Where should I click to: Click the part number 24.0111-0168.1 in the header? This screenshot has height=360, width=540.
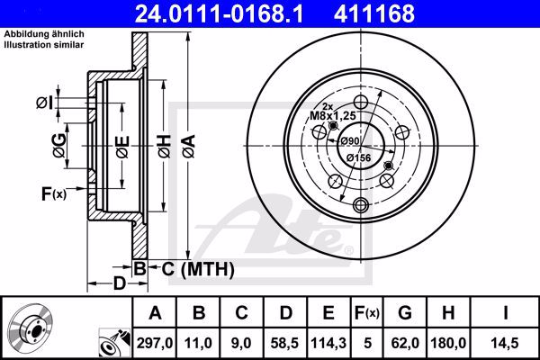pos(219,13)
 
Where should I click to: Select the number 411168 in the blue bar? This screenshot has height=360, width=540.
pos(374,13)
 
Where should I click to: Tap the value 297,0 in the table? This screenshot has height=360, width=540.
pos(154,343)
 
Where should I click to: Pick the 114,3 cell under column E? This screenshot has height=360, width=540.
pos(328,343)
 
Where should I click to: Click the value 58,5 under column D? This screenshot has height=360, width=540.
pos(284,343)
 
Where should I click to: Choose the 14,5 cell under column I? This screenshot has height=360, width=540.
pos(505,343)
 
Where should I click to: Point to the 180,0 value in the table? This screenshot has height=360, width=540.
pos(448,343)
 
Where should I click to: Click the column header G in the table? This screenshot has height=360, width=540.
pos(405,313)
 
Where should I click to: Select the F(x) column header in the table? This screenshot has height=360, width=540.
pos(367,313)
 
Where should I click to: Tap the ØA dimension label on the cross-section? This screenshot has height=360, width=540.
pos(189,147)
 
